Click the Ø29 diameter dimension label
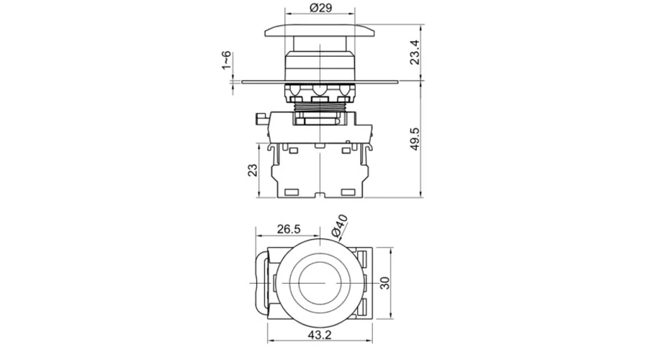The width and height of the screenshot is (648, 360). coord(320,8)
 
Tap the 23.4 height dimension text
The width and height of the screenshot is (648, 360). coord(415,52)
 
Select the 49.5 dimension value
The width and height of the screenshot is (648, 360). coord(415,139)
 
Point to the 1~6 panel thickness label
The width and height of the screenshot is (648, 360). coord(226,60)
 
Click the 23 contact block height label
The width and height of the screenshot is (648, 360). coord(253,171)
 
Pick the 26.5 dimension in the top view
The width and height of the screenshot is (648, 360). coord(289,229)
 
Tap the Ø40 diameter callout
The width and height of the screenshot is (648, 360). coord(340,226)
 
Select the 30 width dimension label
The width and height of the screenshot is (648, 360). coord(384,283)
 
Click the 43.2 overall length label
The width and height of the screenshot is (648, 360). coord(320,335)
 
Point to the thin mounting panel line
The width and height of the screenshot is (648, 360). coord(320,82)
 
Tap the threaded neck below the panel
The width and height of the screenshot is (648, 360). coord(320,107)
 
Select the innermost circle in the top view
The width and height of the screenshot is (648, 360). coord(320,283)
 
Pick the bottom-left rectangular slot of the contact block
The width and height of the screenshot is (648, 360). coord(292,192)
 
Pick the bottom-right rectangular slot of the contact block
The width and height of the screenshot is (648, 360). coord(348,192)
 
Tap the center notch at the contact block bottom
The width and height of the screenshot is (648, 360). coord(319,195)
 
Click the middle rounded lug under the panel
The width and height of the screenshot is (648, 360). coord(319,90)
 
